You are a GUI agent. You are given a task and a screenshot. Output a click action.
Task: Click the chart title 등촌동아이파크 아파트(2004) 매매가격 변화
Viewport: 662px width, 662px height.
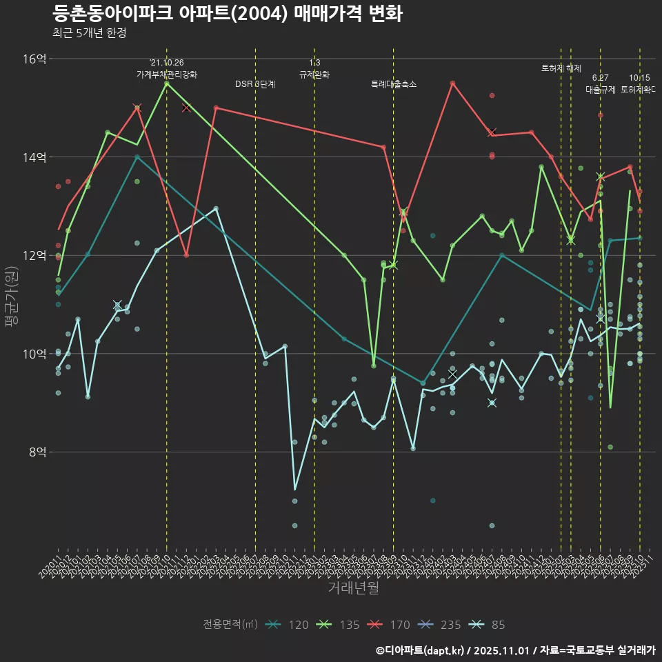(x=227, y=14)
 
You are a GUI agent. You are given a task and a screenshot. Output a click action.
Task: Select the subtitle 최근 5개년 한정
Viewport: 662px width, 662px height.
(x=89, y=32)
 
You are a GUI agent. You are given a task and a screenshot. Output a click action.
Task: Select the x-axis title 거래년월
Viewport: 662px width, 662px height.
(x=353, y=588)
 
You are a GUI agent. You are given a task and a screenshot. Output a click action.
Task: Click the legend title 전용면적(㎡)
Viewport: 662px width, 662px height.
(x=230, y=625)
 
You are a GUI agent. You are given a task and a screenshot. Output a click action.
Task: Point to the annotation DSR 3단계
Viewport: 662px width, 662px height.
(x=255, y=84)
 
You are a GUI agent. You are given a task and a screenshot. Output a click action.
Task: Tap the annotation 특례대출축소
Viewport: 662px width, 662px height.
(x=393, y=84)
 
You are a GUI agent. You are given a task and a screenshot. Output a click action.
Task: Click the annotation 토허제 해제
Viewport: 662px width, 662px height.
(x=561, y=68)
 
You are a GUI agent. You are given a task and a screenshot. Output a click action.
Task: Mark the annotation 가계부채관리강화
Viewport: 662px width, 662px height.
(x=167, y=74)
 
